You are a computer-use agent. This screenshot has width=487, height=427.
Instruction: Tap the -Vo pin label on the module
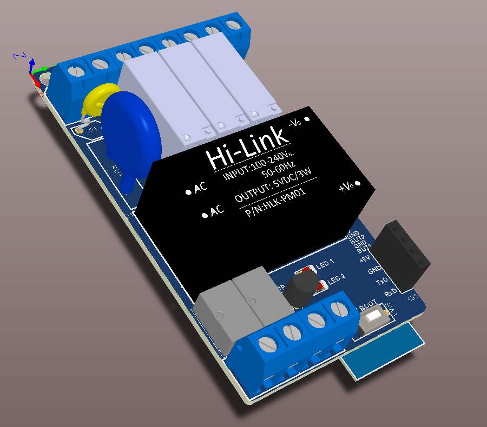point(295,122)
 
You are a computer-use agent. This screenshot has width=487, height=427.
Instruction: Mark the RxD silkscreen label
point(390,292)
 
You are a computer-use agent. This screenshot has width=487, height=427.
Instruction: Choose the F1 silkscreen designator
point(93,130)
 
